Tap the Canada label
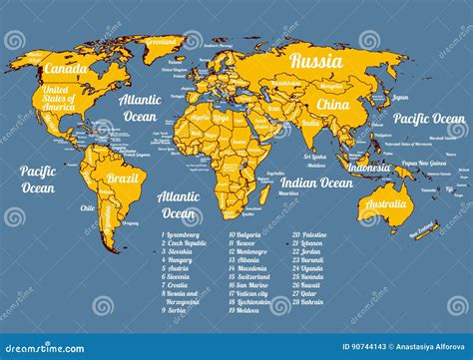pyautogui.click(x=66, y=69)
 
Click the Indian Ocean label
pyautogui.click(x=315, y=182)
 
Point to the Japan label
pyautogui.click(x=400, y=98)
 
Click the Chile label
pyautogui.click(x=87, y=208)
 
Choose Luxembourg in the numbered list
pyautogui.click(x=187, y=235)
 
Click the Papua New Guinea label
pyautogui.click(x=423, y=163)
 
